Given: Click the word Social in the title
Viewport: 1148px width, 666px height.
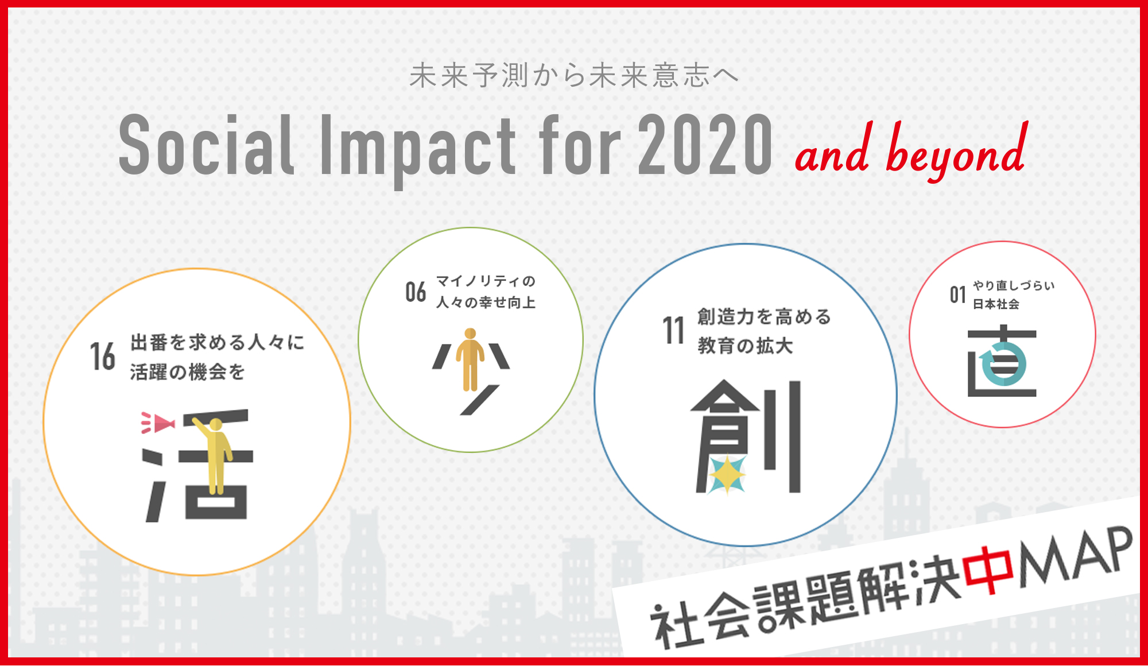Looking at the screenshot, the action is pyautogui.click(x=207, y=144).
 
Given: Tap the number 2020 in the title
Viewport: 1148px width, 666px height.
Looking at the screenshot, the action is pyautogui.click(x=705, y=144).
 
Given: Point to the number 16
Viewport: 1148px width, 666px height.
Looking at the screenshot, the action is pyautogui.click(x=103, y=357).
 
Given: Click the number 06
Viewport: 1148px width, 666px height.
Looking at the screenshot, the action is pyautogui.click(x=416, y=292).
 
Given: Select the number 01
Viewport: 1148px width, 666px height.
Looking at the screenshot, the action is pyautogui.click(x=957, y=295).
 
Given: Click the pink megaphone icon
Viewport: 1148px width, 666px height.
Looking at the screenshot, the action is pyautogui.click(x=158, y=423).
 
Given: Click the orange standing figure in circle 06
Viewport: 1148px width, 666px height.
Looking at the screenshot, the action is pyautogui.click(x=470, y=359).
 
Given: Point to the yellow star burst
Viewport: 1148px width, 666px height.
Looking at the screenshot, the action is pyautogui.click(x=727, y=475).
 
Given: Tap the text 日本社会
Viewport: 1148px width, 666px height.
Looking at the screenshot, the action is pyautogui.click(x=996, y=304).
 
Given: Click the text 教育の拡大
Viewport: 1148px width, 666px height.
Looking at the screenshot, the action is pyautogui.click(x=745, y=346).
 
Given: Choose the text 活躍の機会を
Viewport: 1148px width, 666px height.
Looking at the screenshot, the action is pyautogui.click(x=187, y=372).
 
